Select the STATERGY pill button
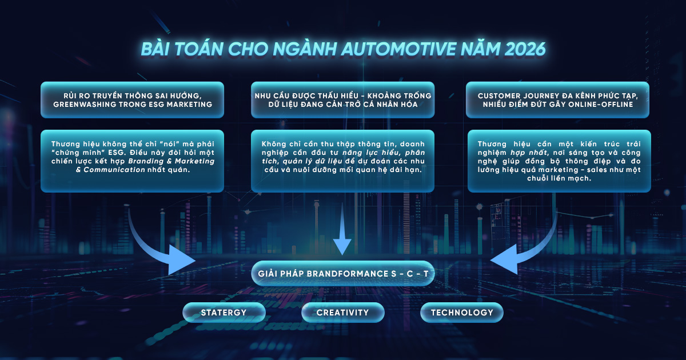pos(224,313)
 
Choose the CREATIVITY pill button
pos(342,313)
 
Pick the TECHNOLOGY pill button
pos(461,313)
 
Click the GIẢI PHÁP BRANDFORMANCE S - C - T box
pos(342,273)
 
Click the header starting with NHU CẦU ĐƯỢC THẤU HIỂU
pos(342,100)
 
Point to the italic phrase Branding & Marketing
pos(171,161)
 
